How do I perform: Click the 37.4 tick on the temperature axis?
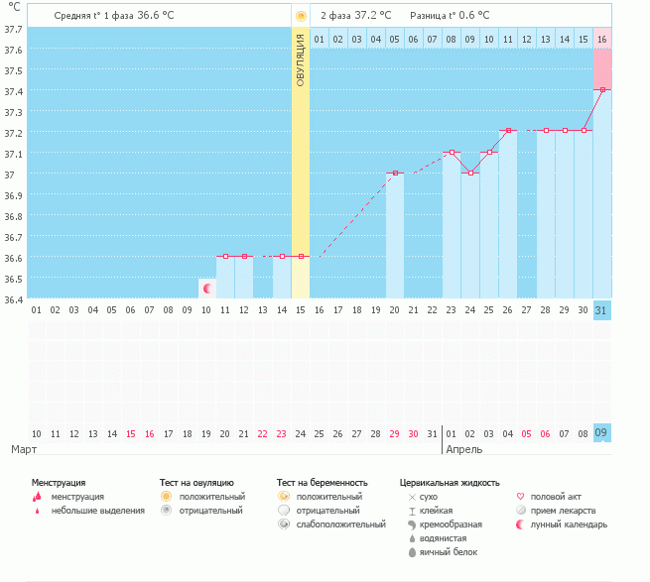pyautogui.click(x=14, y=91)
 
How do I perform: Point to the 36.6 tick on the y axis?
pyautogui.click(x=14, y=258)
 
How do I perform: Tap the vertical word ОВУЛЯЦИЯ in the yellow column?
pyautogui.click(x=301, y=59)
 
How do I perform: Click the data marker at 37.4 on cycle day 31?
pyautogui.click(x=601, y=89)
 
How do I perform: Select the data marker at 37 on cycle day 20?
pyautogui.click(x=395, y=173)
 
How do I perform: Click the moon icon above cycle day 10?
pyautogui.click(x=207, y=289)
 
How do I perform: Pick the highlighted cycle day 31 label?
pyautogui.click(x=601, y=310)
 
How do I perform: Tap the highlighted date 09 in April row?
pyautogui.click(x=601, y=433)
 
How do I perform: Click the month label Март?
pyautogui.click(x=24, y=449)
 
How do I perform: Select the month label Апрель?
pyautogui.click(x=464, y=449)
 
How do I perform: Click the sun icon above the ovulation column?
pyautogui.click(x=301, y=16)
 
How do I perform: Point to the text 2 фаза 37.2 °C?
pyautogui.click(x=355, y=16)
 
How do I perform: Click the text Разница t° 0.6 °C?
pyautogui.click(x=450, y=16)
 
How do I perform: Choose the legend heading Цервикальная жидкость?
pyautogui.click(x=450, y=482)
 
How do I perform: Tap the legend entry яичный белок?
pyautogui.click(x=450, y=551)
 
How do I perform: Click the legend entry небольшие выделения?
pyautogui.click(x=97, y=511)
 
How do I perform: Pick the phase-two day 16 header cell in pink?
pyautogui.click(x=601, y=39)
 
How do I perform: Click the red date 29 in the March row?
pyautogui.click(x=394, y=434)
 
